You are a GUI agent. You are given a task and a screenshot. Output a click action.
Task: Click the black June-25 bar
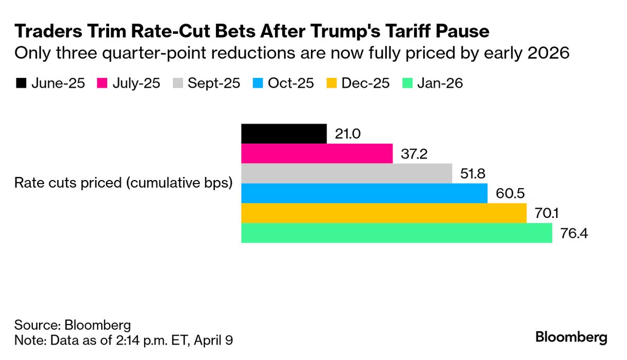pos(284,134)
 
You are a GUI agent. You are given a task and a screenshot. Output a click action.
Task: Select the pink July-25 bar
pos(317,153)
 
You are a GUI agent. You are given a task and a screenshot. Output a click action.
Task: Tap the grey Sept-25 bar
pos(346,173)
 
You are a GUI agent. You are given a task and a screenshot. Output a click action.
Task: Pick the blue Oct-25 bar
pos(364,193)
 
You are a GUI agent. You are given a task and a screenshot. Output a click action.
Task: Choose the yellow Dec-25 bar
pos(384,213)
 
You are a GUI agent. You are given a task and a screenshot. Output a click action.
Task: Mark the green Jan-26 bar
pos(396,233)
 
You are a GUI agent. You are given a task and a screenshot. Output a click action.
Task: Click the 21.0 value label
pos(348,134)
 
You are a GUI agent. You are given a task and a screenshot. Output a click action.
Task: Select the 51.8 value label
pos(473,174)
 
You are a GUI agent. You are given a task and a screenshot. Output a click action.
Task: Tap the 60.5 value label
pos(508,194)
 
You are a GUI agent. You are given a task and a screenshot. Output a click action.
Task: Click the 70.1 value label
pos(547,213)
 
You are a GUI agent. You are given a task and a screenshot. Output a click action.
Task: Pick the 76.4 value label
pos(574,233)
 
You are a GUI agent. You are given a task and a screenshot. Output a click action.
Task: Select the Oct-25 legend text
pos(290,83)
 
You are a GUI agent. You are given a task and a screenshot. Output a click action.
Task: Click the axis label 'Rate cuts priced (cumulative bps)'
pos(124,183)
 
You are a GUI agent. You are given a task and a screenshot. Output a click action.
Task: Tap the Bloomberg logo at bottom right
pos(571,337)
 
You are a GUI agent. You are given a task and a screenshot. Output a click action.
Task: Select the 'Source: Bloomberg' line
pos(72,325)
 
